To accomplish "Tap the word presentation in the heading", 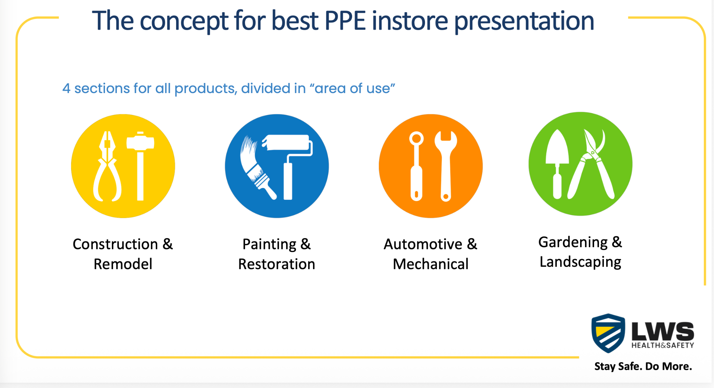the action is click(x=524, y=22).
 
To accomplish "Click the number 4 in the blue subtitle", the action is click(x=66, y=89).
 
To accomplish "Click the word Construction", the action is click(x=115, y=244).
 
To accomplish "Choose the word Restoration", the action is click(x=276, y=264).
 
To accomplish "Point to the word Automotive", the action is click(x=423, y=244).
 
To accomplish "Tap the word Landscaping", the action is click(x=580, y=262).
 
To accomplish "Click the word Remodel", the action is click(x=123, y=264).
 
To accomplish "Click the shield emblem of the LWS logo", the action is click(x=608, y=333).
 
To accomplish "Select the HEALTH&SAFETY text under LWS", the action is click(x=663, y=345).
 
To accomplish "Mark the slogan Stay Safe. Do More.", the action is click(x=643, y=366).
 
